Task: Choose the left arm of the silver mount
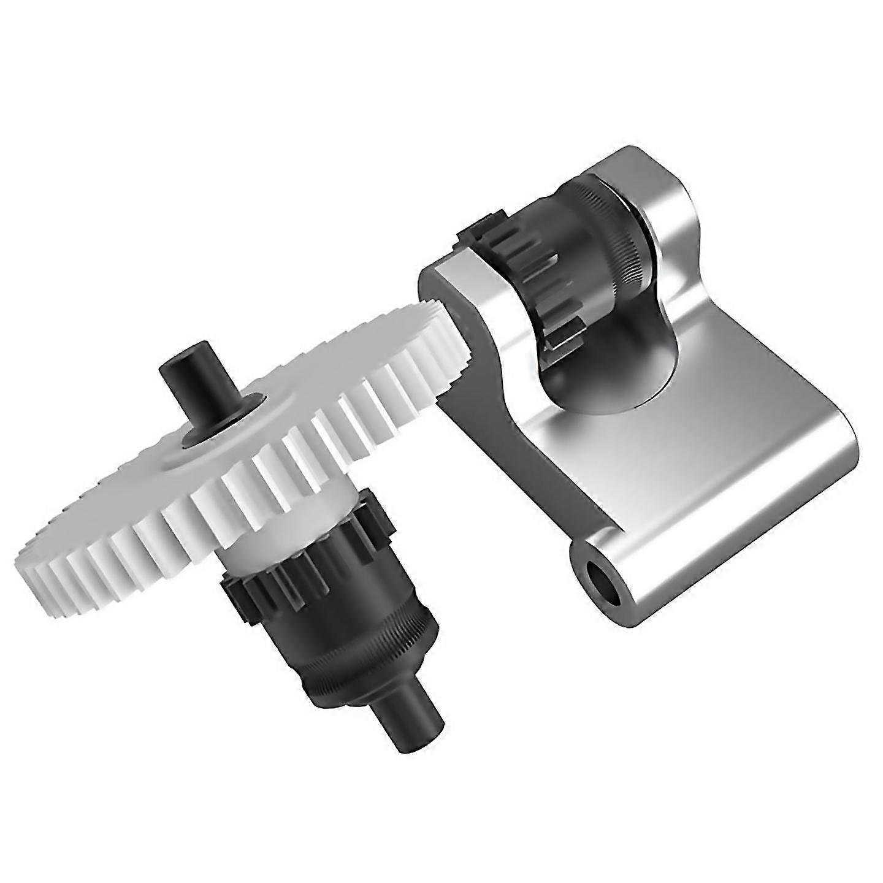(466, 343)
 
